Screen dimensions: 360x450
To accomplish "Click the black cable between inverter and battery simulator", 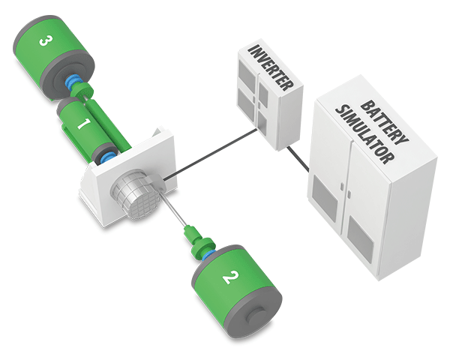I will (298, 157).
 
